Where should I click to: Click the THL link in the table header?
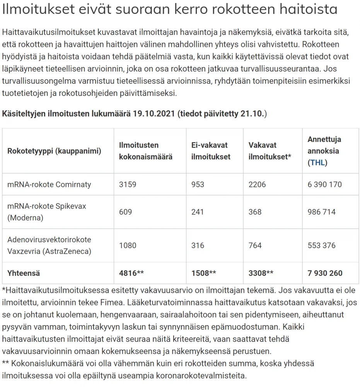coord(317,163)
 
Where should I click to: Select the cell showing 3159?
coord(128,184)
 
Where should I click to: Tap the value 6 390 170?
coord(324,184)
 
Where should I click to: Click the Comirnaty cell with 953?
coord(198,184)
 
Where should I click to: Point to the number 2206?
coord(257,184)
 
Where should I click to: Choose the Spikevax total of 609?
coord(125,212)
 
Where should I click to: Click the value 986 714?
coord(321,212)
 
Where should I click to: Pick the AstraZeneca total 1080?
coord(128,245)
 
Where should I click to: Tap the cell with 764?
coord(255,245)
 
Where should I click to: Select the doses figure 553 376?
coord(321,245)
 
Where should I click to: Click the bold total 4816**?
coord(131,273)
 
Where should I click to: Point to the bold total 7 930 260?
coord(325,273)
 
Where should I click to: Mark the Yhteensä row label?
coord(24,273)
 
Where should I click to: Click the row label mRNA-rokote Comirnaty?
coord(49,184)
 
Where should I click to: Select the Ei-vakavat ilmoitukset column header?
coord(211,151)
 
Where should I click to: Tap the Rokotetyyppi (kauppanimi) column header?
coord(54,151)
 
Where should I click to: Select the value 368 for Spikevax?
coord(255,212)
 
